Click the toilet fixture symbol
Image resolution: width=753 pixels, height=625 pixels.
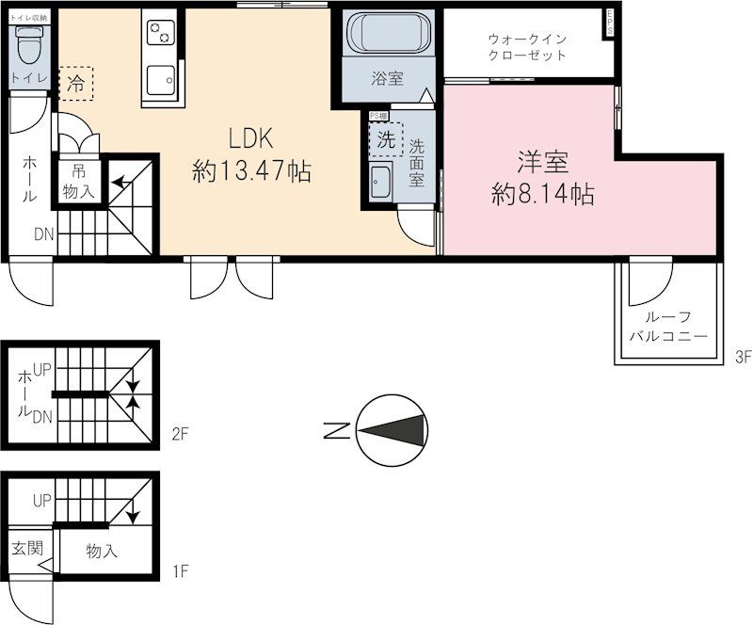coord(30,42)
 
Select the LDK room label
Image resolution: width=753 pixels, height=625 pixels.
coord(251,139)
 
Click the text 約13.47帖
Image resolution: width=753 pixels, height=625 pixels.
coord(251,172)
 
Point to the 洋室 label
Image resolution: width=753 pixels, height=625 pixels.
coord(543,162)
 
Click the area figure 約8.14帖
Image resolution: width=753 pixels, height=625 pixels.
coord(543,195)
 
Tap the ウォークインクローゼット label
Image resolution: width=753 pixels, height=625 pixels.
coord(526,46)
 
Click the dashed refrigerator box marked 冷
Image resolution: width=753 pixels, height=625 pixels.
coord(76,82)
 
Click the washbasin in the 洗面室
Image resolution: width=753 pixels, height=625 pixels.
coord(380,180)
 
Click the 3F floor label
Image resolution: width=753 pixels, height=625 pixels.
coord(744,357)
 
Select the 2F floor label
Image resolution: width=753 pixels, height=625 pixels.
coord(180,435)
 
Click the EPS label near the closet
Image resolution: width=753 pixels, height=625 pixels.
coord(610,23)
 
